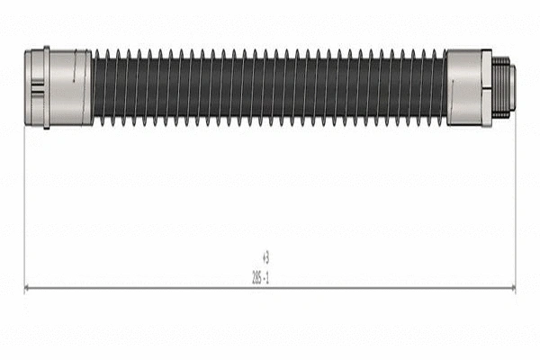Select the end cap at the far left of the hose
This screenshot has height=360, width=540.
[27, 86]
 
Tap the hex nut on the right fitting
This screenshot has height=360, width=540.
[487, 87]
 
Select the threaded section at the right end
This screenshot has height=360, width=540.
[501, 87]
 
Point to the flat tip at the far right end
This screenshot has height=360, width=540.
[512, 87]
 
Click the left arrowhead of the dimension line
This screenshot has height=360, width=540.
[28, 288]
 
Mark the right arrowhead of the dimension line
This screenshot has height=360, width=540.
[512, 288]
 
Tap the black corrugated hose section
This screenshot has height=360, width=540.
[270, 86]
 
